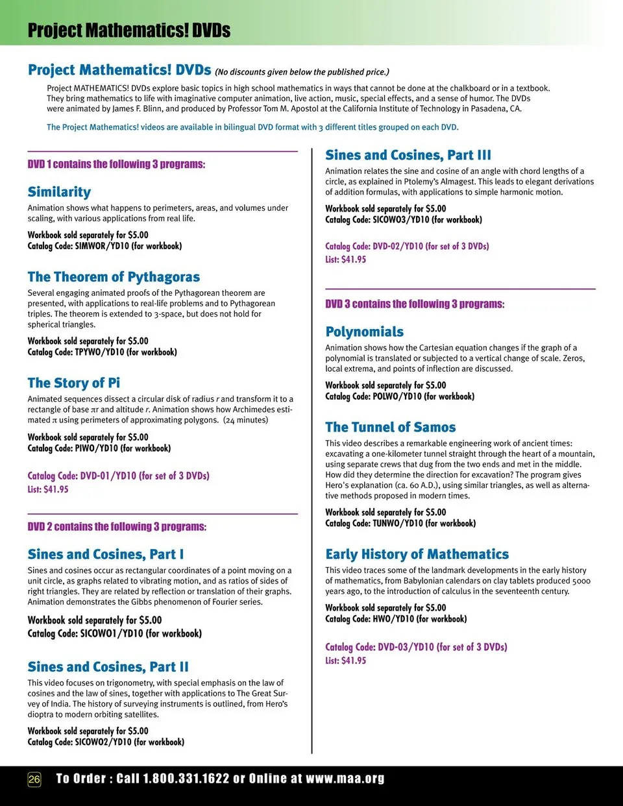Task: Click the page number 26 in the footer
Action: pos(34,779)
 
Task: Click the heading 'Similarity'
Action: pos(59,191)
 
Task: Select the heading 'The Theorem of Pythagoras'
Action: pos(114,277)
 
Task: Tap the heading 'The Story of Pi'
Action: pos(73,383)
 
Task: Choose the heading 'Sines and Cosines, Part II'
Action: pos(108,666)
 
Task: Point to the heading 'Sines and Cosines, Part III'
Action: pos(408,155)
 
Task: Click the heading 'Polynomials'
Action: pos(364,332)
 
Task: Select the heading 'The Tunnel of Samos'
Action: pos(390,427)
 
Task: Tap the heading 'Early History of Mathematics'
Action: pos(417,554)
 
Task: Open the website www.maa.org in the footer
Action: pos(345,779)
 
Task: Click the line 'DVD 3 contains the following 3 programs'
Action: pos(414,304)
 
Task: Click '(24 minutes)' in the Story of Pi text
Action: pos(245,420)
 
